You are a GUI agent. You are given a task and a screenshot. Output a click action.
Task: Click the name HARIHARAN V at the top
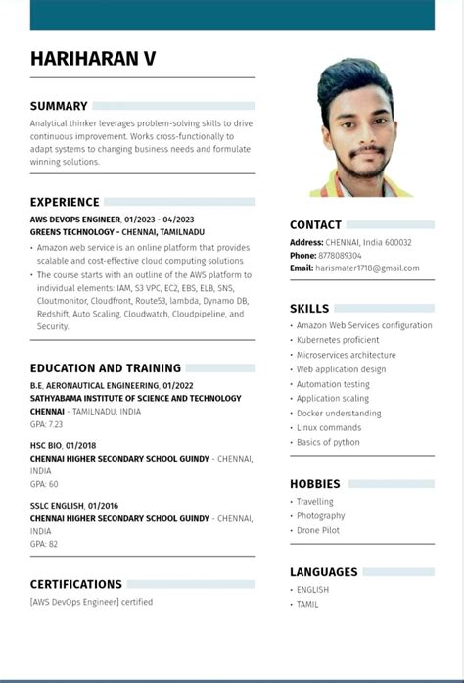(93, 59)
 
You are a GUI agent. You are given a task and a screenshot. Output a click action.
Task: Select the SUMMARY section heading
(59, 106)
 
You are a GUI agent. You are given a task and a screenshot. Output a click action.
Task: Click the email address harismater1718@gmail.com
(367, 268)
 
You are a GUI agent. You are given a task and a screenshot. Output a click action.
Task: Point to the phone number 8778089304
(340, 256)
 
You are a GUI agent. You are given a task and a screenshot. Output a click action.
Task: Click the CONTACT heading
(315, 225)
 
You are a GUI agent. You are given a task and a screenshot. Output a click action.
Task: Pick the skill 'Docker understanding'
(339, 414)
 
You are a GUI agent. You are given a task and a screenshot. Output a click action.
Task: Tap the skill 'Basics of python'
(329, 443)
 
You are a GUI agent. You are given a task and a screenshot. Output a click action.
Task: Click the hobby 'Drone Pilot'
(319, 531)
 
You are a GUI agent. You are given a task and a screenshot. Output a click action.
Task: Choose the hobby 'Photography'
(320, 516)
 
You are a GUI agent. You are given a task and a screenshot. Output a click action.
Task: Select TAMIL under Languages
(307, 605)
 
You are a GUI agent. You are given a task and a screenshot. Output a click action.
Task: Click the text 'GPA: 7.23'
(46, 425)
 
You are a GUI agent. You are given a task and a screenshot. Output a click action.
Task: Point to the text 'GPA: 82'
(44, 544)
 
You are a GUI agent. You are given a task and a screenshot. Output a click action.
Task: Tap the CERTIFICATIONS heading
(76, 585)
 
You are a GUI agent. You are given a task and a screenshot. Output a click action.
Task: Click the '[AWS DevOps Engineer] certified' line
(91, 602)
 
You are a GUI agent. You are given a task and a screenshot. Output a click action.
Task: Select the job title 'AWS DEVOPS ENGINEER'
(75, 220)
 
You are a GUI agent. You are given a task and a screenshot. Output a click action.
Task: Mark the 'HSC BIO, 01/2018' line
(57, 445)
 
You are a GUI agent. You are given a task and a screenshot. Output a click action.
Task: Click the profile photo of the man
(360, 127)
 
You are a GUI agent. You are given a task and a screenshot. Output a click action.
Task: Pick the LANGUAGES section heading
(323, 572)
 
